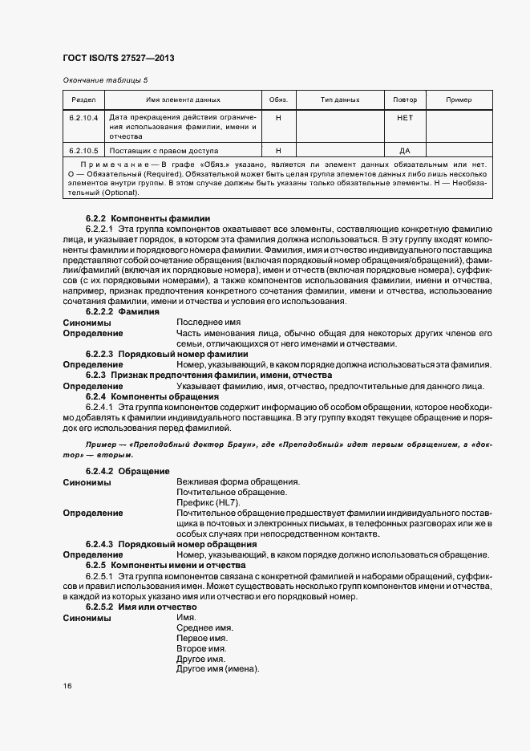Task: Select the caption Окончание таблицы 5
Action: (x=105, y=79)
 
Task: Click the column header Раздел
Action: (x=84, y=100)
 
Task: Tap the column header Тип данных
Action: (x=340, y=100)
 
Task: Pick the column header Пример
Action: (x=458, y=100)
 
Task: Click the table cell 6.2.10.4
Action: (x=84, y=117)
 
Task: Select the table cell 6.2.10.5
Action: (x=84, y=150)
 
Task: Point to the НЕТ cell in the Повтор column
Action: (x=405, y=117)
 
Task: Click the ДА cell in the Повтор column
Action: (x=405, y=150)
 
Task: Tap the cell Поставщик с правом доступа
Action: (x=164, y=150)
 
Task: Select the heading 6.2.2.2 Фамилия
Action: (x=122, y=311)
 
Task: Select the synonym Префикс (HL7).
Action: (x=207, y=502)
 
